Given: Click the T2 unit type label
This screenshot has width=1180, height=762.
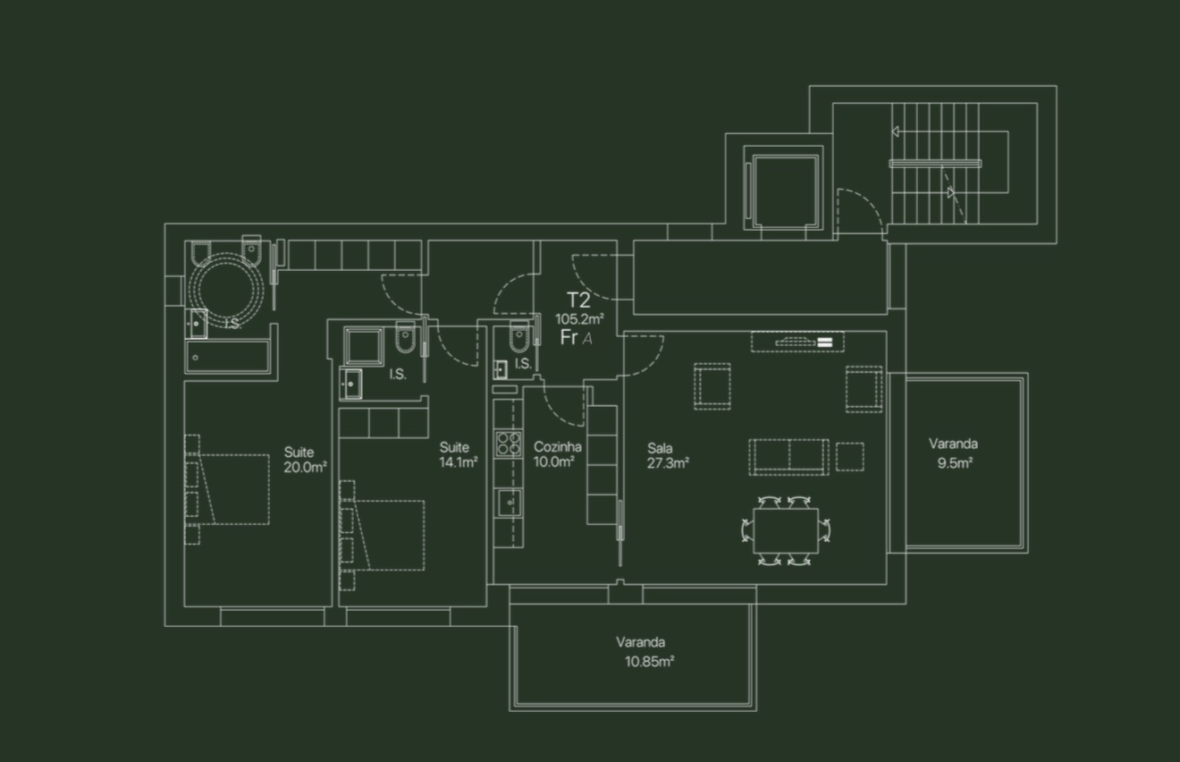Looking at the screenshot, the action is (x=577, y=301).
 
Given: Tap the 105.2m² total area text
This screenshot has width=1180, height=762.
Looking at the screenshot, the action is (x=579, y=318).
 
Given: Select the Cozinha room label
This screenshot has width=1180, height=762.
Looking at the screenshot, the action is (x=557, y=447).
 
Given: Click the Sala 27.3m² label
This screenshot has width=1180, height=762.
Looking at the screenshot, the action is (x=668, y=456).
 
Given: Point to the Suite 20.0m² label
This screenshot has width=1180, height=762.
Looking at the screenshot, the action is (x=305, y=460).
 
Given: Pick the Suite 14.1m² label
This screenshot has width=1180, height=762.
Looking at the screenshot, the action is (x=459, y=454).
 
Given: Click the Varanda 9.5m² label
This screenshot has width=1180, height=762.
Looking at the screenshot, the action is (x=954, y=453).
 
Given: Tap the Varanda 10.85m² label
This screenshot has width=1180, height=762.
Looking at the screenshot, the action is (x=645, y=652).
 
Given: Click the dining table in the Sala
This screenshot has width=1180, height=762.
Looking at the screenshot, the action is (x=786, y=530).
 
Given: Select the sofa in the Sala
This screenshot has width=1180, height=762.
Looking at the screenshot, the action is (x=788, y=457).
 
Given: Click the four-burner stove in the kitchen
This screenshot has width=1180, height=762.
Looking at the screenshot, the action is (x=509, y=444).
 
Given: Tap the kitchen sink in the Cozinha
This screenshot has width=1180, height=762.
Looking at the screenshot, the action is (x=510, y=503).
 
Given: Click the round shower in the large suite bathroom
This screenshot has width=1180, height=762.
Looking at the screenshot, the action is (x=226, y=289).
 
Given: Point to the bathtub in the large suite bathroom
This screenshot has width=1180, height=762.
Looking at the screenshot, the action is (x=228, y=357).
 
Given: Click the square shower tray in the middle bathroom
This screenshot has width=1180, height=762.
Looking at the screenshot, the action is (x=364, y=346).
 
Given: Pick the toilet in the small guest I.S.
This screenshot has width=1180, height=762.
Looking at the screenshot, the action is (x=518, y=336).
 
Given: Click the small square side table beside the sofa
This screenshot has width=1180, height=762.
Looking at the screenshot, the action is (x=850, y=457).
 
